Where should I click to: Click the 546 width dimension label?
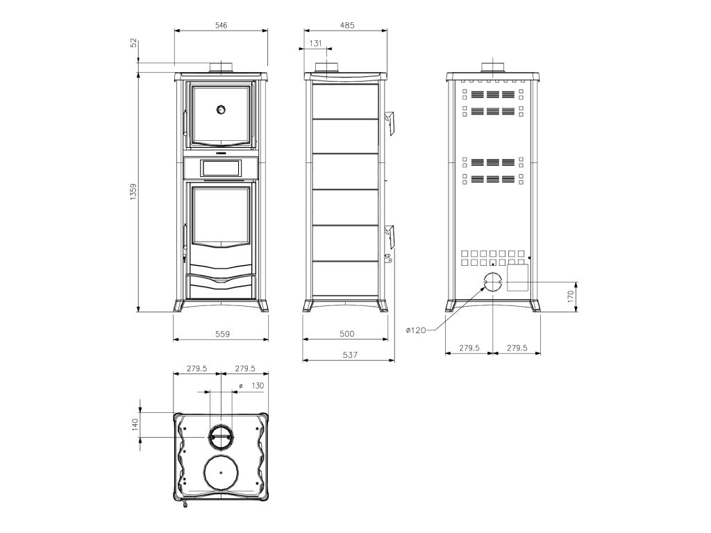(221, 25)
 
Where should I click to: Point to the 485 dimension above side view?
(347, 25)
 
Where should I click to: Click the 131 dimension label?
(315, 43)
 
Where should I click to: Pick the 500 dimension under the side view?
(347, 334)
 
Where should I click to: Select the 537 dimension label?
(350, 355)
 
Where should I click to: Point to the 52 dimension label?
(133, 43)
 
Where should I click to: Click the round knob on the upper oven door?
(221, 109)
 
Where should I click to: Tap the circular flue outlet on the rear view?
(492, 282)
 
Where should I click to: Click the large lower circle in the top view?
(222, 475)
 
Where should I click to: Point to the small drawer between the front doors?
(221, 167)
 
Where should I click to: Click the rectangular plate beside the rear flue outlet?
(518, 277)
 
